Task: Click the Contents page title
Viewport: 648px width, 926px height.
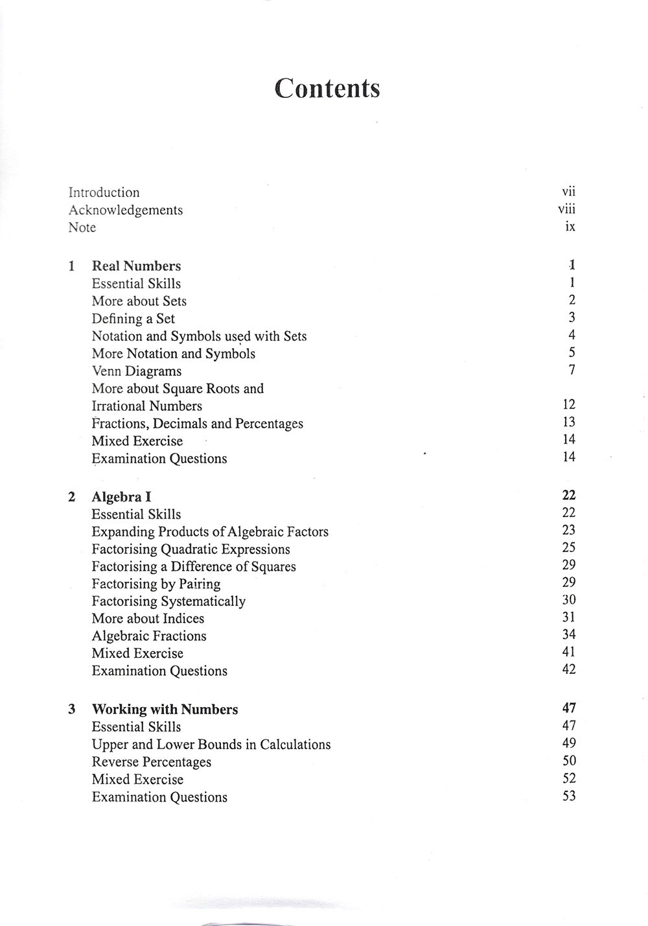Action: point(327,89)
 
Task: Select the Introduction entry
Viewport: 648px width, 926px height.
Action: point(104,192)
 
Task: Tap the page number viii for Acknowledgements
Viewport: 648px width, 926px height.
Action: point(566,209)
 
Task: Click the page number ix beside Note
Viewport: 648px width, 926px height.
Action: point(570,227)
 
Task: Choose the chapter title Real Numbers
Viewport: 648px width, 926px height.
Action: point(136,266)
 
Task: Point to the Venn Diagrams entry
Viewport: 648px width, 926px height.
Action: point(136,371)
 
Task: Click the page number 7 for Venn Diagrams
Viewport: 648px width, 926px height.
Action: point(572,370)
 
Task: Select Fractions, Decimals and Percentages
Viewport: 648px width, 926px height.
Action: point(197,424)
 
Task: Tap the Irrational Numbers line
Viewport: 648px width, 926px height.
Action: point(146,406)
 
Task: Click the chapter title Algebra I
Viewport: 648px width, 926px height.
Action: point(121,497)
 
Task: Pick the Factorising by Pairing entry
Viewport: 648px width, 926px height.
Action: point(156,584)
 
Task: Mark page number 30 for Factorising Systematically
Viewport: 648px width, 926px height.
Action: point(569,600)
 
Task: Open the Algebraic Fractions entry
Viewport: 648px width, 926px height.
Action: point(148,636)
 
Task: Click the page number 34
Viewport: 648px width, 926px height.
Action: point(569,635)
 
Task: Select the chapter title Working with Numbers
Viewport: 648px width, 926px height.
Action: point(165,710)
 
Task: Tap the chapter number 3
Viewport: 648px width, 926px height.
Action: point(71,710)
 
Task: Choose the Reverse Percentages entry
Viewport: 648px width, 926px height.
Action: point(151,762)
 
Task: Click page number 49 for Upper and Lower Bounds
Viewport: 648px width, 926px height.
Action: point(569,743)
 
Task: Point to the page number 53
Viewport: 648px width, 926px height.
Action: point(569,796)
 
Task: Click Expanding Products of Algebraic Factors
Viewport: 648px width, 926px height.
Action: point(209,532)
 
